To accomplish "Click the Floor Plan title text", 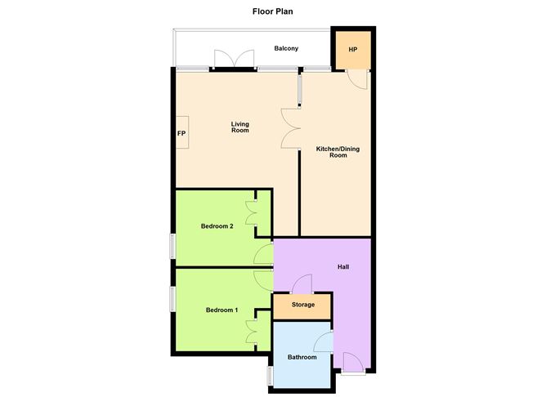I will click(273, 12).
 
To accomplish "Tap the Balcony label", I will click(286, 49).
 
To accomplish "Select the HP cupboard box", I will click(352, 51).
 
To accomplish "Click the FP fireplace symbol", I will click(181, 134).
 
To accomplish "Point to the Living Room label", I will click(239, 127).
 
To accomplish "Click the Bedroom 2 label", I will click(218, 226).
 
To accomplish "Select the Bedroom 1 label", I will click(222, 310).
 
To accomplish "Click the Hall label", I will click(344, 267).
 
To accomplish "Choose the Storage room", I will click(301, 306).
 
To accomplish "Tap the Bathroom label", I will click(302, 357).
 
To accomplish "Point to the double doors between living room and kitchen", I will click(291, 129).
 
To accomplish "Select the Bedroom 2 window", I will click(172, 246).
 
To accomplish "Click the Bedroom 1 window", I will click(172, 297).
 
